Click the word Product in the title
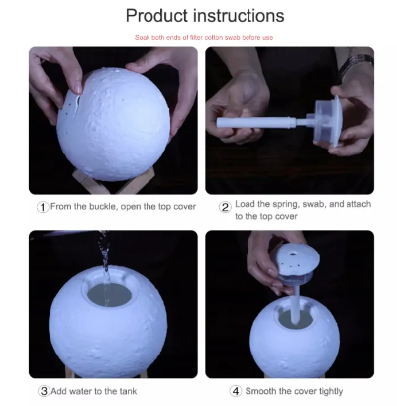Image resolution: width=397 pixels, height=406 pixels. [x=156, y=16]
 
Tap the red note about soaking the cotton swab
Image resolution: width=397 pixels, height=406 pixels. [x=204, y=38]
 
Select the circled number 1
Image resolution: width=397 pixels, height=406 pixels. [x=43, y=207]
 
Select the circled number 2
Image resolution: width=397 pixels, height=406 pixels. [x=225, y=207]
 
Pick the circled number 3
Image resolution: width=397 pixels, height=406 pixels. [x=44, y=391]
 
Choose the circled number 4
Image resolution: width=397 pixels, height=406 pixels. [x=236, y=391]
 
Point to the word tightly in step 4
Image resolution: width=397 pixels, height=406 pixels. [x=331, y=392]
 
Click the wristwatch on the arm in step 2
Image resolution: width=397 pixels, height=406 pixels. [x=355, y=65]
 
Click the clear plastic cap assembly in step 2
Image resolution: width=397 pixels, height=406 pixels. [x=326, y=121]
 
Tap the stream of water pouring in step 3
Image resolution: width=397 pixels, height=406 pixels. [x=105, y=264]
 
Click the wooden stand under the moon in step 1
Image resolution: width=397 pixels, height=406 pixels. [x=114, y=181]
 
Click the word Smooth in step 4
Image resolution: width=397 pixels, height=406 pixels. [x=260, y=391]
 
